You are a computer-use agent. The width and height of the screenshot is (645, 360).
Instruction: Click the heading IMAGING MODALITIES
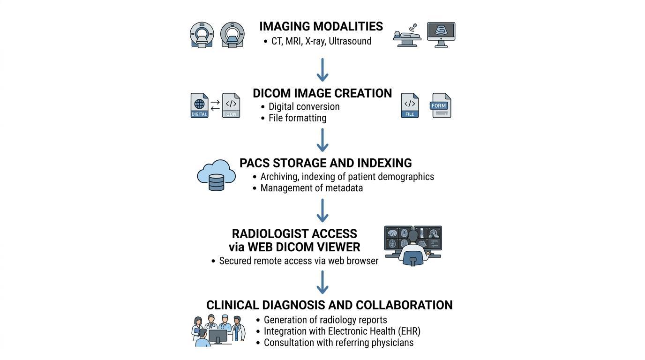click(321, 27)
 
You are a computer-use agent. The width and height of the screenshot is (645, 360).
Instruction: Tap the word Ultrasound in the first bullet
click(350, 41)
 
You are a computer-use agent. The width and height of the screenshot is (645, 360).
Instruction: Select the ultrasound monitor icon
click(441, 34)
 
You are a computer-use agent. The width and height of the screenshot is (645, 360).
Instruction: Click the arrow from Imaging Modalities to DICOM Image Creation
click(322, 70)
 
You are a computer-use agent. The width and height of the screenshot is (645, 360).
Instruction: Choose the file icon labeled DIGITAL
click(199, 105)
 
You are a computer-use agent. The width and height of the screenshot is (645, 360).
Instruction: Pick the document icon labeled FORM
click(440, 105)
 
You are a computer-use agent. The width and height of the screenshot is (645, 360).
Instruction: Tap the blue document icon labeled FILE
click(410, 105)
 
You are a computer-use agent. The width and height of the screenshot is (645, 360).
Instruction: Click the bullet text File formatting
click(297, 118)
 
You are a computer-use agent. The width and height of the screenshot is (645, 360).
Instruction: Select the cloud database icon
click(216, 175)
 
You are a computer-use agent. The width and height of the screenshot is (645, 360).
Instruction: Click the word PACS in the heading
click(254, 163)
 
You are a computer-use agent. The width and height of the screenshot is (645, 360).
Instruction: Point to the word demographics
click(405, 177)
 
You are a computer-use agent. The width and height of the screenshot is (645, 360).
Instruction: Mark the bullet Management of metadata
click(311, 188)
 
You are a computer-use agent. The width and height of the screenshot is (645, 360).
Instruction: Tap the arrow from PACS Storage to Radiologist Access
click(322, 210)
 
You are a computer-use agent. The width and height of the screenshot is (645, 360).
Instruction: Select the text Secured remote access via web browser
click(299, 261)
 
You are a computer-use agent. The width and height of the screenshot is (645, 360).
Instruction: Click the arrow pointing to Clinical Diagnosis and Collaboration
click(322, 282)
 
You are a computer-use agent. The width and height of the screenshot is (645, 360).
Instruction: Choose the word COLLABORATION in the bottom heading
click(404, 305)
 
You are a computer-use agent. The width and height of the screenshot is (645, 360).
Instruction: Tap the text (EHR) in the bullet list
click(409, 331)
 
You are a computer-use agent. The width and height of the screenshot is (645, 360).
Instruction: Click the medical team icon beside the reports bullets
click(218, 330)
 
